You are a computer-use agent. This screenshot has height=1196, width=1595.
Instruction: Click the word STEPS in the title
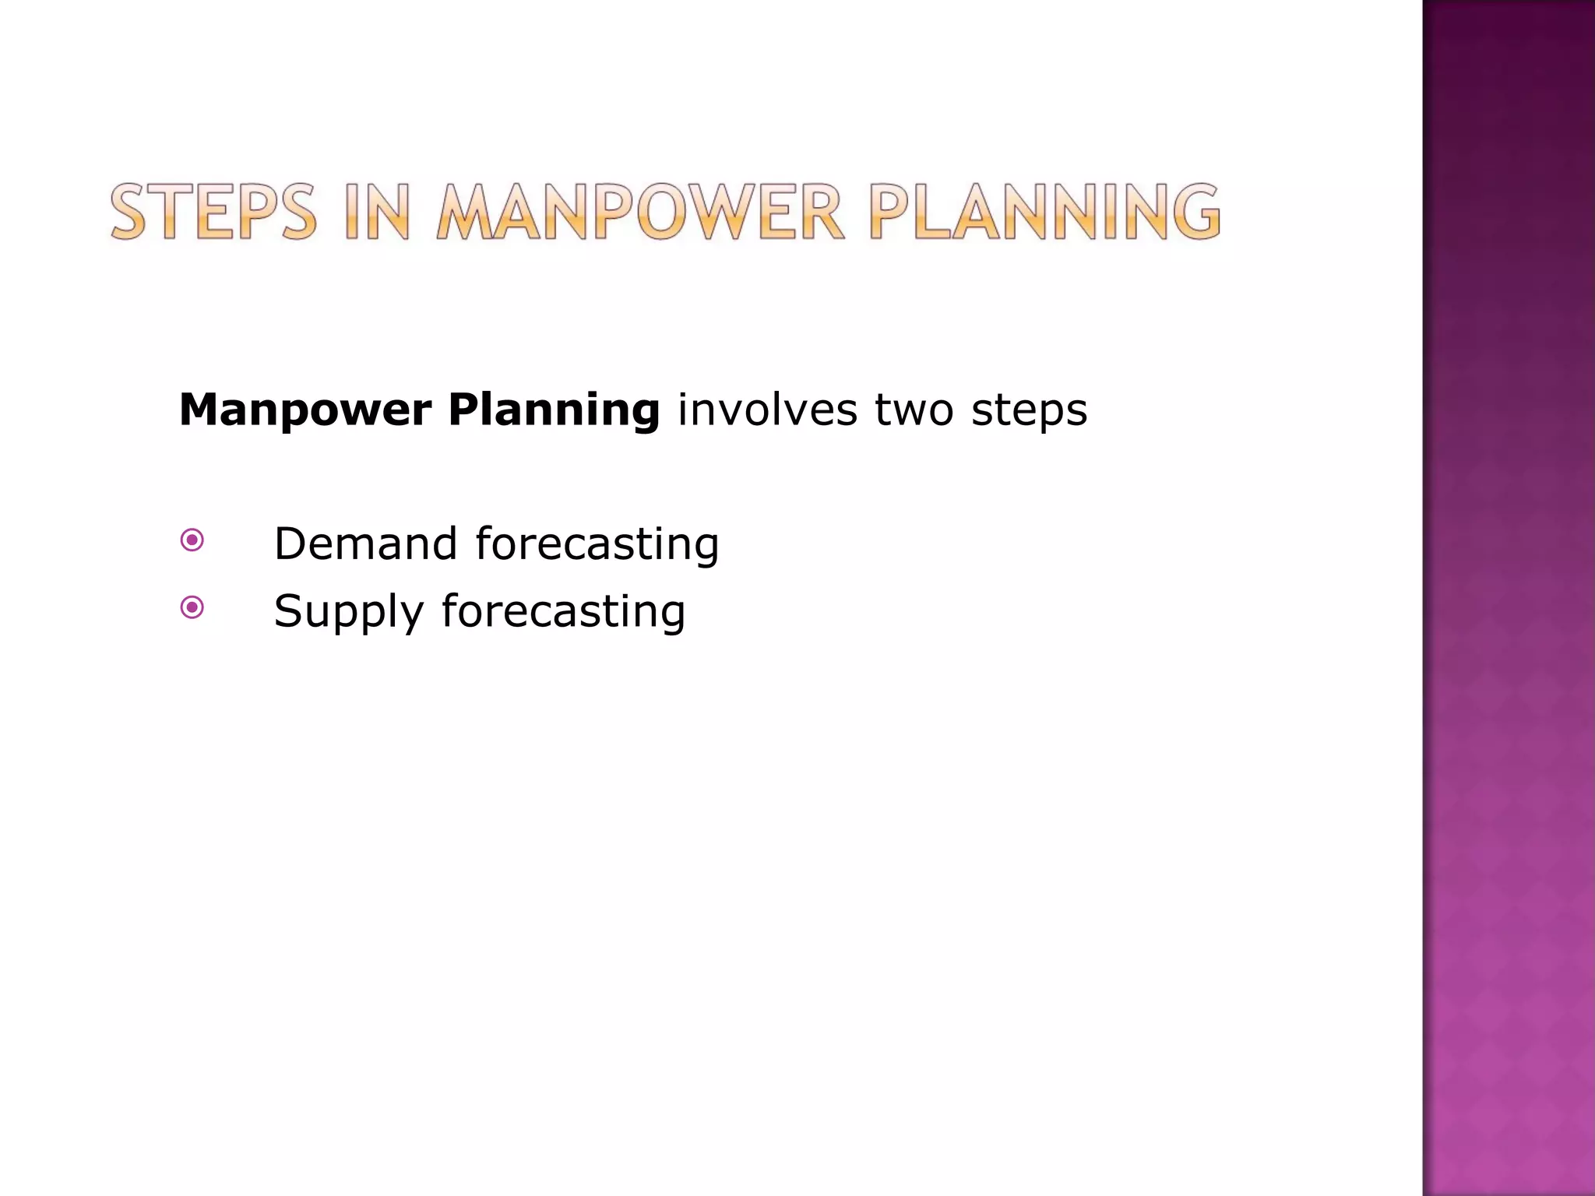coord(213,212)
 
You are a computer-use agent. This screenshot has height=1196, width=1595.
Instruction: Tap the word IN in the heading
coord(376,212)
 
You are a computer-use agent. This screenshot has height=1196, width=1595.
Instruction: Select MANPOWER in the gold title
coord(639,212)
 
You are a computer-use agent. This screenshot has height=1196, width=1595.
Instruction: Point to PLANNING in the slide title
coord(1044,212)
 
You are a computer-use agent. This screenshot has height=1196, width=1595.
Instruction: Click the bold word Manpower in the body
coord(305,410)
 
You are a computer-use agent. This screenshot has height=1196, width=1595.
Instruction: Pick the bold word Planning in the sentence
coord(554,410)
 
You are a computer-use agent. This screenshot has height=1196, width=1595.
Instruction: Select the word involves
coord(766,410)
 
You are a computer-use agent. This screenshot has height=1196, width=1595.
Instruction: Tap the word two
coord(914,410)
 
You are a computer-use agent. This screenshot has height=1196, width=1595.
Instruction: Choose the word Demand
coord(365,543)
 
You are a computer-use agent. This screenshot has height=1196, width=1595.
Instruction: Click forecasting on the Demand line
coord(597,543)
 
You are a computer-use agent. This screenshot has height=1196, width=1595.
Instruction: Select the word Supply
coord(348,611)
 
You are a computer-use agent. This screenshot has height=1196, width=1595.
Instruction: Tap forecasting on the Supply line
coord(563,611)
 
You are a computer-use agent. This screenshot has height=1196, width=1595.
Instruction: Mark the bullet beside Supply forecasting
coord(192,607)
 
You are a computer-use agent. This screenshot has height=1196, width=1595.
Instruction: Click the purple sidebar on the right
coord(1509,598)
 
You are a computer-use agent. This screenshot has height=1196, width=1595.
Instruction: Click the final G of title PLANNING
coord(1195,212)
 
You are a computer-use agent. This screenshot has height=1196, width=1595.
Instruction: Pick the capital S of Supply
coord(287,611)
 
